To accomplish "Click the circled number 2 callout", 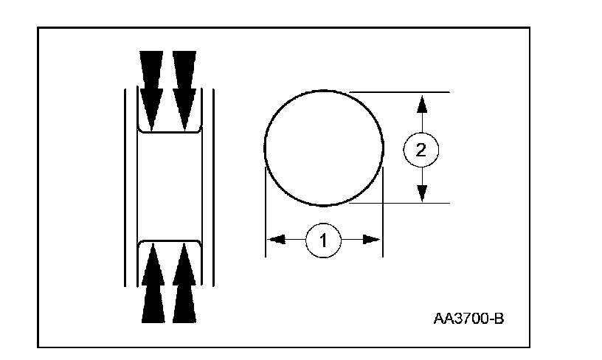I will pyautogui.click(x=421, y=150).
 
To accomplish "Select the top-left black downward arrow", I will pyautogui.click(x=152, y=85).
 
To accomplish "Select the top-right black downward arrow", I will pyautogui.click(x=185, y=85).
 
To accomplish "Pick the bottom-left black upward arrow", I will pyautogui.click(x=152, y=284).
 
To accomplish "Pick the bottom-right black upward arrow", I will pyautogui.click(x=185, y=284).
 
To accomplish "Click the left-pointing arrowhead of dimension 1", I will pyautogui.click(x=275, y=239).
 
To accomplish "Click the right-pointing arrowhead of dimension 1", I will pyautogui.click(x=372, y=239).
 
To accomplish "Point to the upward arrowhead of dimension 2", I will pyautogui.click(x=421, y=103).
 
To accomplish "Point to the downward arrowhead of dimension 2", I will pyautogui.click(x=421, y=193).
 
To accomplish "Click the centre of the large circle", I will pyautogui.click(x=324, y=148).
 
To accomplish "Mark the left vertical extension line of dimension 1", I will pyautogui.click(x=265, y=214).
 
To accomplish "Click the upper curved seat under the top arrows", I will pyautogui.click(x=170, y=131).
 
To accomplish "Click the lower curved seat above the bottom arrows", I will pyautogui.click(x=170, y=240).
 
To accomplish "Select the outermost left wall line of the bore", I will pyautogui.click(x=125, y=184).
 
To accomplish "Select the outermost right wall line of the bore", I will pyautogui.click(x=214, y=184).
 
